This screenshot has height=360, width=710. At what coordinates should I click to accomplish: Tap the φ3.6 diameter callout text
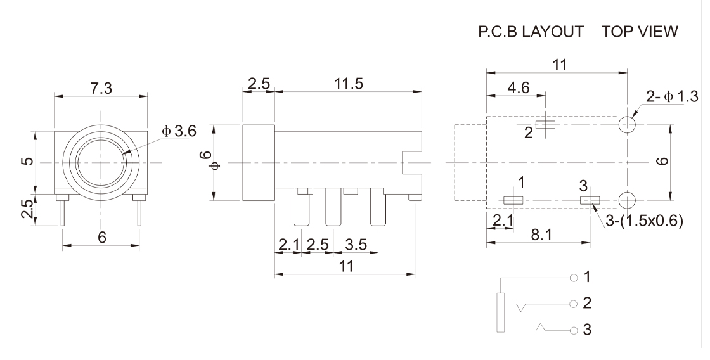tap(179, 131)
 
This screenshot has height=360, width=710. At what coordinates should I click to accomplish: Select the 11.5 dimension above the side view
tap(349, 84)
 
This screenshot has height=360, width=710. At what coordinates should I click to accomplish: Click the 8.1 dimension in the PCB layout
tap(541, 235)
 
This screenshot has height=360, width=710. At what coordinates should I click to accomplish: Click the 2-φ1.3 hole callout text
tap(672, 97)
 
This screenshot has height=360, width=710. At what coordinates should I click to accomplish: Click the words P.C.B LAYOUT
tap(531, 32)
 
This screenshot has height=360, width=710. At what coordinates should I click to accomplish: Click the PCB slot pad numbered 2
tap(545, 124)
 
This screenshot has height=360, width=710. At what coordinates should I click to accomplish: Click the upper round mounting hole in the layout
tap(628, 124)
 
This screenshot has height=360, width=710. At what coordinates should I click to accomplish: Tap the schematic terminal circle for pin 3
tap(574, 330)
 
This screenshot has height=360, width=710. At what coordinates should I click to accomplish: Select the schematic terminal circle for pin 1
tap(574, 278)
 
